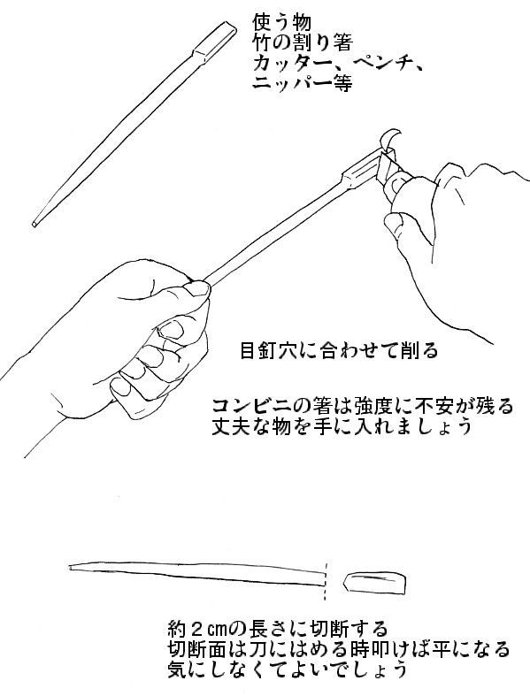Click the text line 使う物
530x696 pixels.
[281, 22]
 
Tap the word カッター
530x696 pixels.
[292, 64]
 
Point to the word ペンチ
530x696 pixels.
[379, 64]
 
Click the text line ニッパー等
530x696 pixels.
[303, 83]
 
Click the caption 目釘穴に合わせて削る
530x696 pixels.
[339, 351]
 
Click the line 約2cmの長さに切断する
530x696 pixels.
[278, 629]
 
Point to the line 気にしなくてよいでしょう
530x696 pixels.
[287, 669]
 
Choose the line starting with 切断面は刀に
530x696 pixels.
[339, 649]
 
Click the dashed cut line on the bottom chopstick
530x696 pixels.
[326, 582]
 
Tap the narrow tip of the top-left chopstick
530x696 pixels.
[35, 224]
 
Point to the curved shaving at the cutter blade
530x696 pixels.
[390, 139]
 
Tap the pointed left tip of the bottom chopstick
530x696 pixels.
[71, 567]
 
